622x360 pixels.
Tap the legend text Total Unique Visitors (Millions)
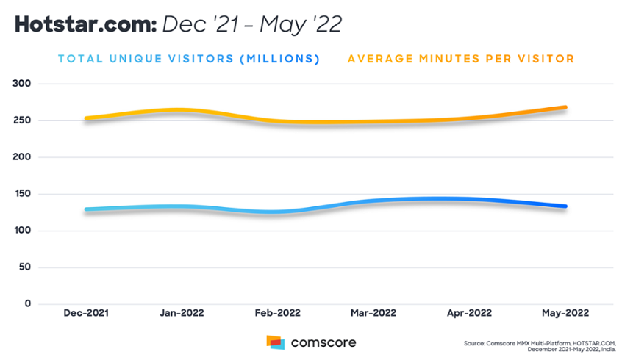[x=189, y=59]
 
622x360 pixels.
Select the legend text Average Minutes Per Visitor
[x=461, y=59]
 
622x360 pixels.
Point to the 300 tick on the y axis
[x=23, y=84]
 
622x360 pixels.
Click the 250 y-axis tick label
[x=23, y=120]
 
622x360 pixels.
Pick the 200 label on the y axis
[x=23, y=157]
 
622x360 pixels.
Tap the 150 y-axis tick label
[x=23, y=194]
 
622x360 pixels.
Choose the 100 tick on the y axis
[x=23, y=231]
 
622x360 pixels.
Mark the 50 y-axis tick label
[x=26, y=267]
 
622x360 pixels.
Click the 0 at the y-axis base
[x=29, y=303]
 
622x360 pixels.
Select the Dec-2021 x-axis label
[x=86, y=312]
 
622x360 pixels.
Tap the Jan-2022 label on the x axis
[x=182, y=312]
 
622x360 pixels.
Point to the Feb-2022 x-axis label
[x=277, y=312]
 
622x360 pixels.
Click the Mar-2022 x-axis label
[x=373, y=312]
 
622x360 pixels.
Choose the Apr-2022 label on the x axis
[x=468, y=312]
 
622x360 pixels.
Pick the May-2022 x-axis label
[x=564, y=312]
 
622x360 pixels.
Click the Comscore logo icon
[x=275, y=342]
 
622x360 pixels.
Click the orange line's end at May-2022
[x=565, y=107]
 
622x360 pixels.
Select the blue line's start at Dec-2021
[x=87, y=209]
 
